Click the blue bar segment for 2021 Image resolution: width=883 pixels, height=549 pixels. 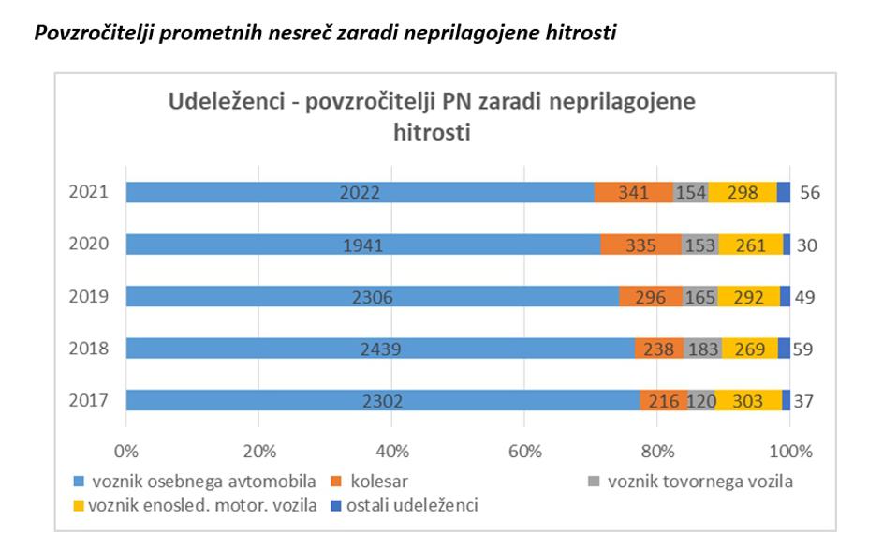tap(361, 192)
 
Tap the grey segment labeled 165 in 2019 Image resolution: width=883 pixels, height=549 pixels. tap(699, 296)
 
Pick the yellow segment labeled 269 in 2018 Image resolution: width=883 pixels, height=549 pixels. tap(750, 349)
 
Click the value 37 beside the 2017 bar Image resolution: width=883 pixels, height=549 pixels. tap(803, 401)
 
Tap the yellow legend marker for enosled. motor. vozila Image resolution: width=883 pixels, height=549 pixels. tap(80, 507)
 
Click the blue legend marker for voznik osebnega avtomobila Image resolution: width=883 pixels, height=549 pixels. tap(80, 482)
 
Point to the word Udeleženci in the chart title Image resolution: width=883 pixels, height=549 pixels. tap(224, 102)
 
